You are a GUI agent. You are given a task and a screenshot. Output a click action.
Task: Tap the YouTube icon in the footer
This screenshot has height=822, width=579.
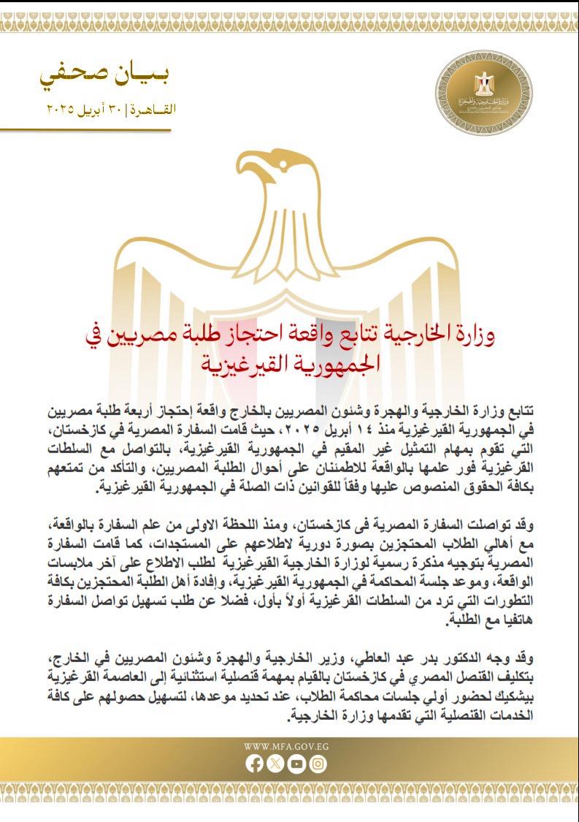tap(297, 763)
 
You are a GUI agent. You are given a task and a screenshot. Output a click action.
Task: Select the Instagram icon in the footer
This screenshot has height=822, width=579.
tap(318, 763)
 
